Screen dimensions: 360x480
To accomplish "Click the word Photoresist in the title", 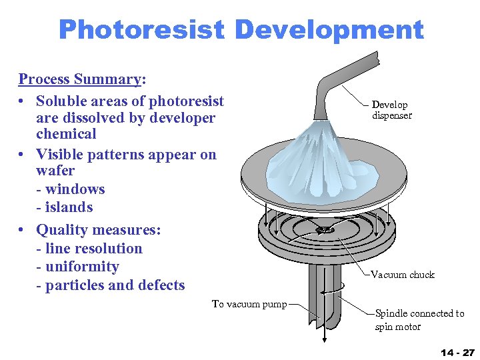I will [142, 30].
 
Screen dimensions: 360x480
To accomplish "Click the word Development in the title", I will [329, 30].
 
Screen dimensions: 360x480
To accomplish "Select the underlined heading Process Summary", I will [79, 79].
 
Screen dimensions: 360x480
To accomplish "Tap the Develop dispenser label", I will [391, 110].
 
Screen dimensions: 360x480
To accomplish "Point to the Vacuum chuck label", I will [402, 275].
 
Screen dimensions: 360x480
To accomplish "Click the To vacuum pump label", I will [249, 304].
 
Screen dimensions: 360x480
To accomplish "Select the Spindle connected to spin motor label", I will [419, 320].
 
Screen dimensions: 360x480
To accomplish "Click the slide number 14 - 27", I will [457, 351].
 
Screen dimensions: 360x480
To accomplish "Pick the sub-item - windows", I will [71, 189].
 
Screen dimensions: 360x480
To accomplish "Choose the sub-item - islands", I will [65, 207].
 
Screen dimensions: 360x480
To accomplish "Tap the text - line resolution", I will [89, 249].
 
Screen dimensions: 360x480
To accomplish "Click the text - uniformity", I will [77, 267].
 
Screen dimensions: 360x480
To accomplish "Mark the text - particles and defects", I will [110, 285].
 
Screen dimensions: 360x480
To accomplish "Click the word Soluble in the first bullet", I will [63, 101].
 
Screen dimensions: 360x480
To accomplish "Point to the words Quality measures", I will [98, 230].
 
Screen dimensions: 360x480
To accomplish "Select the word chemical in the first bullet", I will [66, 134].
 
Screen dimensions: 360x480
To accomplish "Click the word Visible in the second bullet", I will [63, 155].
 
